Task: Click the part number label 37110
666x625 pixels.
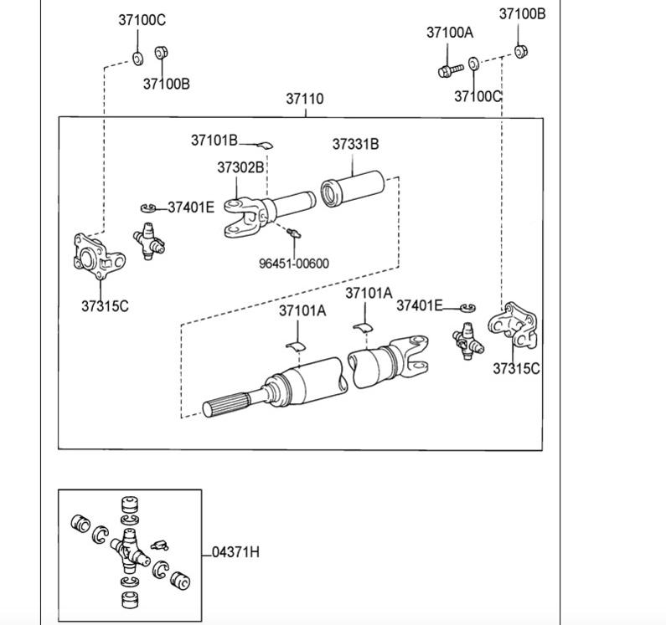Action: coord(305,99)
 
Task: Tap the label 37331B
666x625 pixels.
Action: coord(355,144)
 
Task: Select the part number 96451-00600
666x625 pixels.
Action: coord(294,264)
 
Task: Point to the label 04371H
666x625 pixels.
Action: coord(235,552)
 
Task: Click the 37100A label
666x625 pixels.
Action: coord(450,33)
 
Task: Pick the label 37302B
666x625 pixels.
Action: coord(240,167)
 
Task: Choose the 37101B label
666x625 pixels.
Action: coord(214,141)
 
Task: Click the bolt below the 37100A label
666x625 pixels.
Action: coord(450,70)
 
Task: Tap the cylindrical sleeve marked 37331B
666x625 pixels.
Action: coord(352,189)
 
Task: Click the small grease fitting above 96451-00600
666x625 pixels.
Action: coord(293,233)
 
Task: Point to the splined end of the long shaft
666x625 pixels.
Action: coord(225,404)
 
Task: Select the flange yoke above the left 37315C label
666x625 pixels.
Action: coord(99,256)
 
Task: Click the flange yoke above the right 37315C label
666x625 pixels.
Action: coord(513,325)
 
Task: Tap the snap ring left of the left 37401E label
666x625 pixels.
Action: coord(148,207)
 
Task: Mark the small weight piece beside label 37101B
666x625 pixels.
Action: coord(265,146)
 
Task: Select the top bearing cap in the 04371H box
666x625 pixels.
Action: coord(130,504)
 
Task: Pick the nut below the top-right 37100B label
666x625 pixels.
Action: coord(520,51)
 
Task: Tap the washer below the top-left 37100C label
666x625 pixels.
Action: coord(137,59)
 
